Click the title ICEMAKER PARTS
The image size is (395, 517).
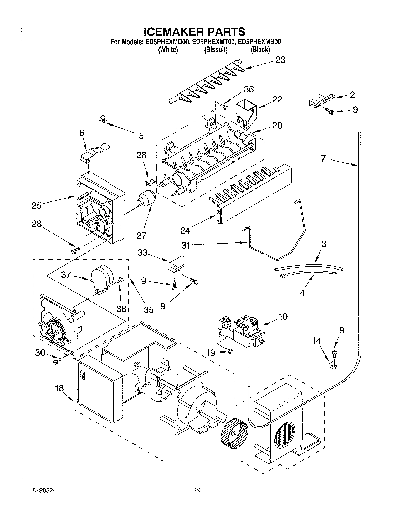pyautogui.click(x=195, y=32)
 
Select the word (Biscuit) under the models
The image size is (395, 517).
pyautogui.click(x=216, y=50)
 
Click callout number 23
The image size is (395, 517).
pyautogui.click(x=280, y=60)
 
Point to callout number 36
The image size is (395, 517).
pyautogui.click(x=249, y=90)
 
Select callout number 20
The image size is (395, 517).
pyautogui.click(x=277, y=126)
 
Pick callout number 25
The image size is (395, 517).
pyautogui.click(x=37, y=205)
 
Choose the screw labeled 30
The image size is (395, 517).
pyautogui.click(x=57, y=361)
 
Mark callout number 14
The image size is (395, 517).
pyautogui.click(x=317, y=341)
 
